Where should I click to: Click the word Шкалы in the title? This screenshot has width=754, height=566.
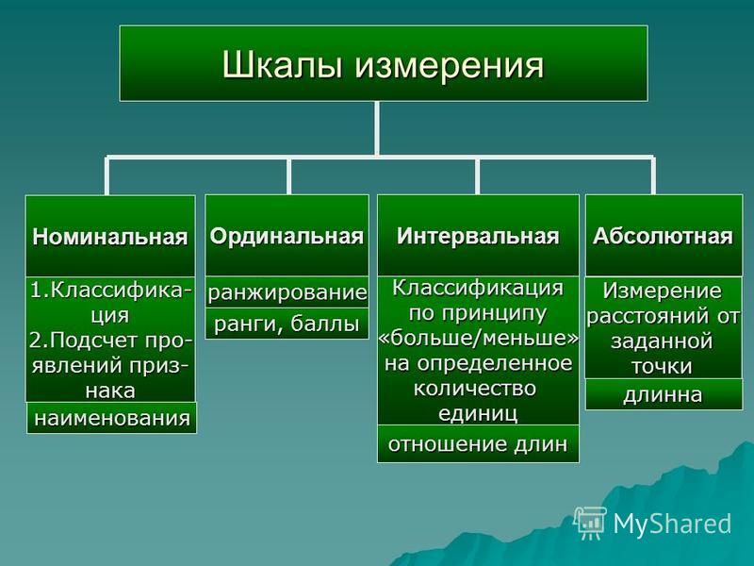pyautogui.click(x=282, y=64)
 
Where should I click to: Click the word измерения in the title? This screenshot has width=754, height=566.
pyautogui.click(x=450, y=65)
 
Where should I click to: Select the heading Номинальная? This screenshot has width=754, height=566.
pyautogui.click(x=110, y=237)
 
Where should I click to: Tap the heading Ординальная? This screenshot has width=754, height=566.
pyautogui.click(x=287, y=237)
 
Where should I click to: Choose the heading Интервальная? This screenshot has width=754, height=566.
pyautogui.click(x=478, y=237)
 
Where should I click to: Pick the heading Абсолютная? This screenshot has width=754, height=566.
pyautogui.click(x=664, y=237)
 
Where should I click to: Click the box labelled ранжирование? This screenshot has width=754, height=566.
pyautogui.click(x=287, y=292)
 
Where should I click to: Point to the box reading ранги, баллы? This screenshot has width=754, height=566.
pyautogui.click(x=287, y=324)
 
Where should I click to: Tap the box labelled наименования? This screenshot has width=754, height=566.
pyautogui.click(x=111, y=418)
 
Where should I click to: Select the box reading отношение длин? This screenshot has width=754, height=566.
pyautogui.click(x=478, y=443)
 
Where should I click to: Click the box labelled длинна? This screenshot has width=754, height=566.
pyautogui.click(x=664, y=394)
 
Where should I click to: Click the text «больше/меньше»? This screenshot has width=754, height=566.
pyautogui.click(x=478, y=338)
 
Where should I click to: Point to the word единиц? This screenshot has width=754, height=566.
pyautogui.click(x=478, y=413)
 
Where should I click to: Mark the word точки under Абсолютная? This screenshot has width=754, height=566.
pyautogui.click(x=663, y=367)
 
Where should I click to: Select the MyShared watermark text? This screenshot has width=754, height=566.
pyautogui.click(x=672, y=524)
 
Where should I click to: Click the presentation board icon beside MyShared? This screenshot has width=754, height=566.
pyautogui.click(x=591, y=523)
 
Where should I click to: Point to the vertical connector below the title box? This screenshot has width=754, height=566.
pyautogui.click(x=376, y=128)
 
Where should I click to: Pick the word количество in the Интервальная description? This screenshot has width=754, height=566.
pyautogui.click(x=475, y=388)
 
